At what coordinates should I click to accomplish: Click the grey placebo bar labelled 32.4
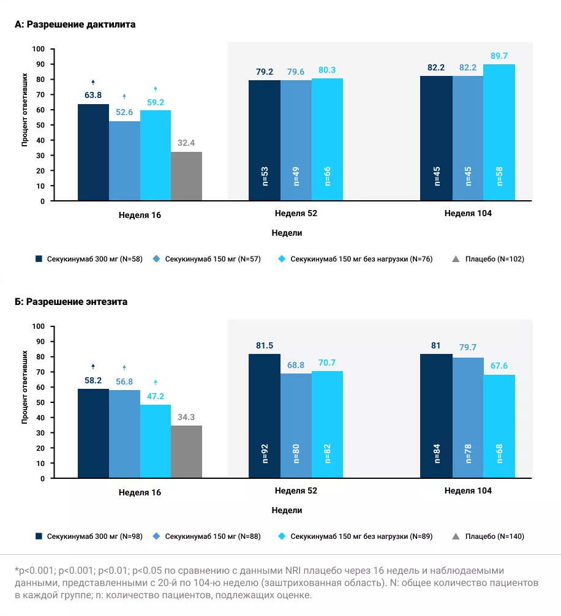coord(186,176)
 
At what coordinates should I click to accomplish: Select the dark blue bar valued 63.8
coord(93,152)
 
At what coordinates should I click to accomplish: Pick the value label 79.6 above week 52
coord(296,72)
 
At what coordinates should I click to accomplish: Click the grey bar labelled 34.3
coord(186,452)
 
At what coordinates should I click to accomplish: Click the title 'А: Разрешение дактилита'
coord(75,24)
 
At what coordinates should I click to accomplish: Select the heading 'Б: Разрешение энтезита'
coord(71,302)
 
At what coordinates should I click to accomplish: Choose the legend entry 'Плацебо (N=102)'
coord(494,259)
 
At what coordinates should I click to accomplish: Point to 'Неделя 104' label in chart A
coord(468,214)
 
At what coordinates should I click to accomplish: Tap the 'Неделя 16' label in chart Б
coord(140,492)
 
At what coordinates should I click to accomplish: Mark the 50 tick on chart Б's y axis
coord(41,402)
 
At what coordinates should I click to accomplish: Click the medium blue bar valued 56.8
coord(124,434)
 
